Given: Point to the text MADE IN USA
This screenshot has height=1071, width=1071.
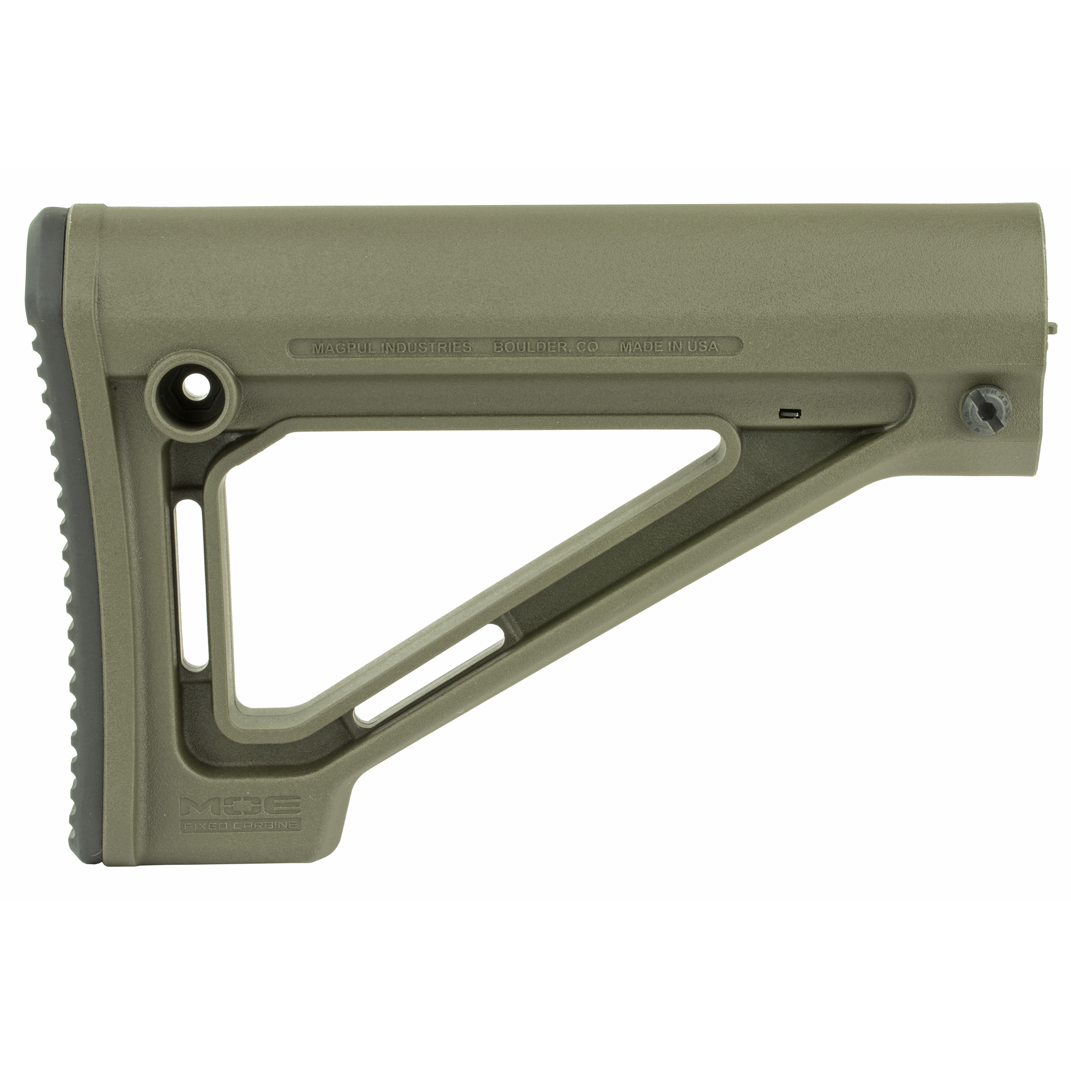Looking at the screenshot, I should click(668, 347).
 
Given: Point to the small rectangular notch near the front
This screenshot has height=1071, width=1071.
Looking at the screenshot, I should click(789, 413).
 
